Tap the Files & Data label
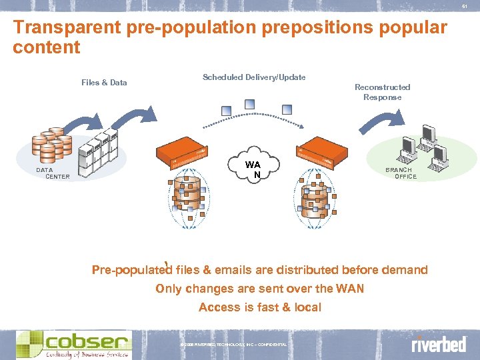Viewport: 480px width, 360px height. (104, 83)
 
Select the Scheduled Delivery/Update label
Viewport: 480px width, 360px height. (254, 77)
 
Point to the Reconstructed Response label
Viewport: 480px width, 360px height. (382, 92)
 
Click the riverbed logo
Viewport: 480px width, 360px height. (438, 345)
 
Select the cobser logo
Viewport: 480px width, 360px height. (73, 344)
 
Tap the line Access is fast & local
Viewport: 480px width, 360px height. (260, 307)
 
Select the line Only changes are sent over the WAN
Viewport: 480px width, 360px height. (260, 289)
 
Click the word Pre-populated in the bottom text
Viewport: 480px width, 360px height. (131, 270)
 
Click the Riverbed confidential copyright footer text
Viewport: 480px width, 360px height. (233, 344)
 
